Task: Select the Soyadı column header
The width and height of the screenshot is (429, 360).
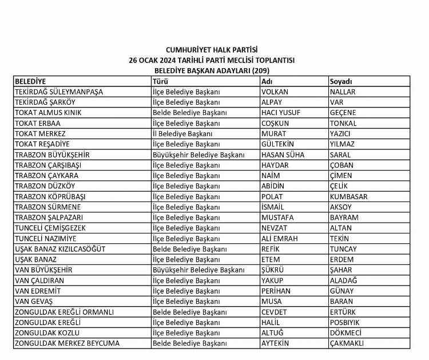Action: click(x=340, y=81)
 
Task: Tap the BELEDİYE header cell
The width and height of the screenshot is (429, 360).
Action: click(x=30, y=81)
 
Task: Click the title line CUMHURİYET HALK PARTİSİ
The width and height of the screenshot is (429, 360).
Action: click(x=212, y=50)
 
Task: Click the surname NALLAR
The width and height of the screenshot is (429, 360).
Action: click(x=343, y=92)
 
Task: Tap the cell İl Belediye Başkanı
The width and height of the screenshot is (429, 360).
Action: click(x=182, y=133)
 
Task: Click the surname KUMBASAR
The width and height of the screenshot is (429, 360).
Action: click(x=348, y=196)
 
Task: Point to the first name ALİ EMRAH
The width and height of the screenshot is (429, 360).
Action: click(x=280, y=238)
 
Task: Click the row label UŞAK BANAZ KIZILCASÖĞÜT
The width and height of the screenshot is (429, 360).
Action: click(x=60, y=249)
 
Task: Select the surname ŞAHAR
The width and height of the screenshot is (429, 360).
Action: click(x=341, y=270)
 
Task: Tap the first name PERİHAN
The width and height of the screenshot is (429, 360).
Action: click(x=276, y=291)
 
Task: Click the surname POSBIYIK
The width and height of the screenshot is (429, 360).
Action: click(x=345, y=322)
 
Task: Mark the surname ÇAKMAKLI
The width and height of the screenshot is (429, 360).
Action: click(x=347, y=343)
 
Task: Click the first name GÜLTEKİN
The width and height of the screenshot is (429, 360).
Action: click(x=279, y=144)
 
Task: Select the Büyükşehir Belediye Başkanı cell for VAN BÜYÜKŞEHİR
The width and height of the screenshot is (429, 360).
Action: click(x=198, y=270)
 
